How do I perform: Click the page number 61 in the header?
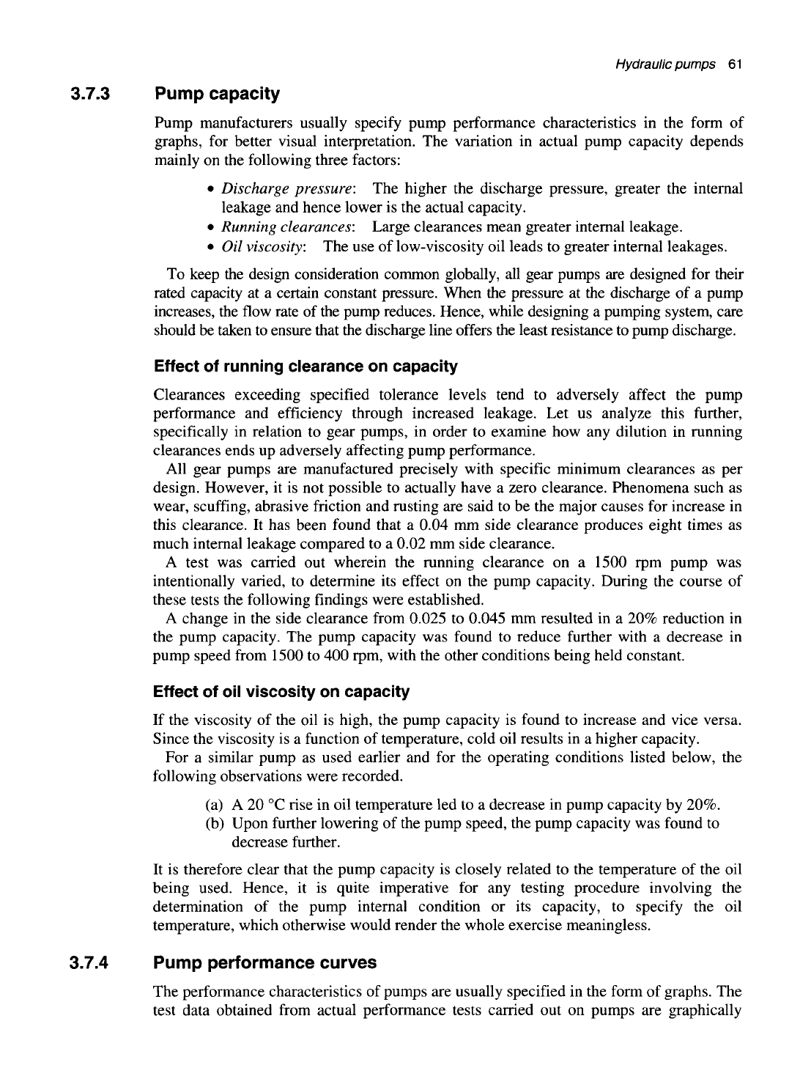pos(735,65)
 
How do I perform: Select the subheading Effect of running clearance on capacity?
pos(305,366)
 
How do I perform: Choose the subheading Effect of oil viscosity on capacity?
pos(281,692)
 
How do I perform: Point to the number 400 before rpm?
pos(317,656)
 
